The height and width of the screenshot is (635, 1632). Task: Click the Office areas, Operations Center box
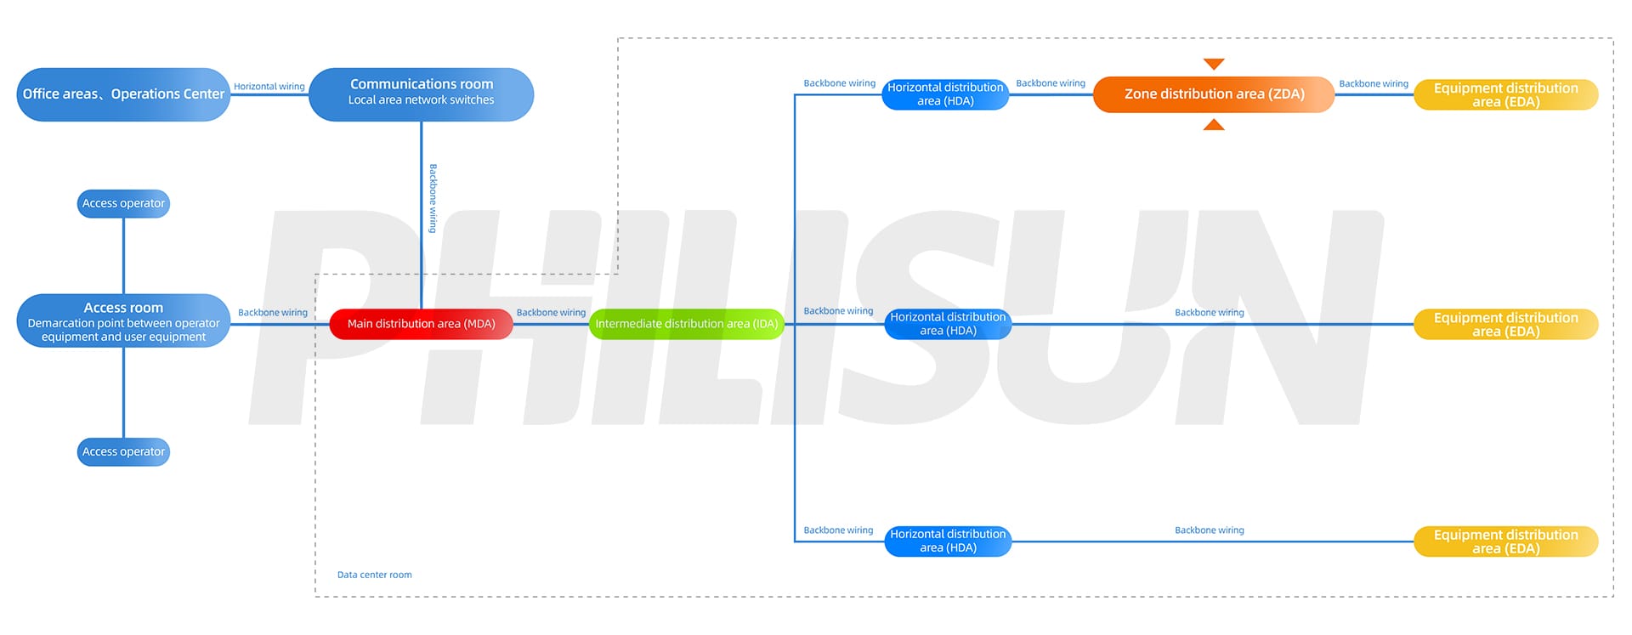pos(123,94)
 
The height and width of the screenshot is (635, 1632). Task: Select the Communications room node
pos(421,94)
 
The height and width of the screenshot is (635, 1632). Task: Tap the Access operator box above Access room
pos(123,204)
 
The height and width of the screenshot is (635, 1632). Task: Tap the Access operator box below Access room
pos(123,452)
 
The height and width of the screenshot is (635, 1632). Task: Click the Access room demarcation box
pos(123,321)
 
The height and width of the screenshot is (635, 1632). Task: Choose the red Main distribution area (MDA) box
pos(421,324)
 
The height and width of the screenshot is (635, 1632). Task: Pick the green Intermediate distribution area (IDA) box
pos(686,324)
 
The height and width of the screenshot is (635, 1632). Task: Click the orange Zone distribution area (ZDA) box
pos(1214,94)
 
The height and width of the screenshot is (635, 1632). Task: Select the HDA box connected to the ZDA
pos(945,94)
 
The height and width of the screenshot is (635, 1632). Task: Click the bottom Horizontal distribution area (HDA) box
pos(948,541)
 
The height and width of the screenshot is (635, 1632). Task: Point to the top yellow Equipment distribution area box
pos(1505,94)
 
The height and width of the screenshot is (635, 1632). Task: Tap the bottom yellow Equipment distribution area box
pos(1505,541)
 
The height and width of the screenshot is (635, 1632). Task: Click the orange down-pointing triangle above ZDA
pos(1214,65)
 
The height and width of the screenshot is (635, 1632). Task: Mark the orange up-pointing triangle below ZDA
pos(1214,125)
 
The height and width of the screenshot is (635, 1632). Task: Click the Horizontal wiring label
pos(269,87)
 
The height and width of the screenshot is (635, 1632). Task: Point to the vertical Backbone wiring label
pos(433,198)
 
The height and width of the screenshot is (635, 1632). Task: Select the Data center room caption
pos(374,575)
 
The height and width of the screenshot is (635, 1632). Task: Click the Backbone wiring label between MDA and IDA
pos(551,313)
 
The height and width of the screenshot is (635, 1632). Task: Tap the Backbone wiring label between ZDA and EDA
pos(1374,84)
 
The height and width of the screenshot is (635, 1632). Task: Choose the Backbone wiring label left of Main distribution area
pos(272,313)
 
